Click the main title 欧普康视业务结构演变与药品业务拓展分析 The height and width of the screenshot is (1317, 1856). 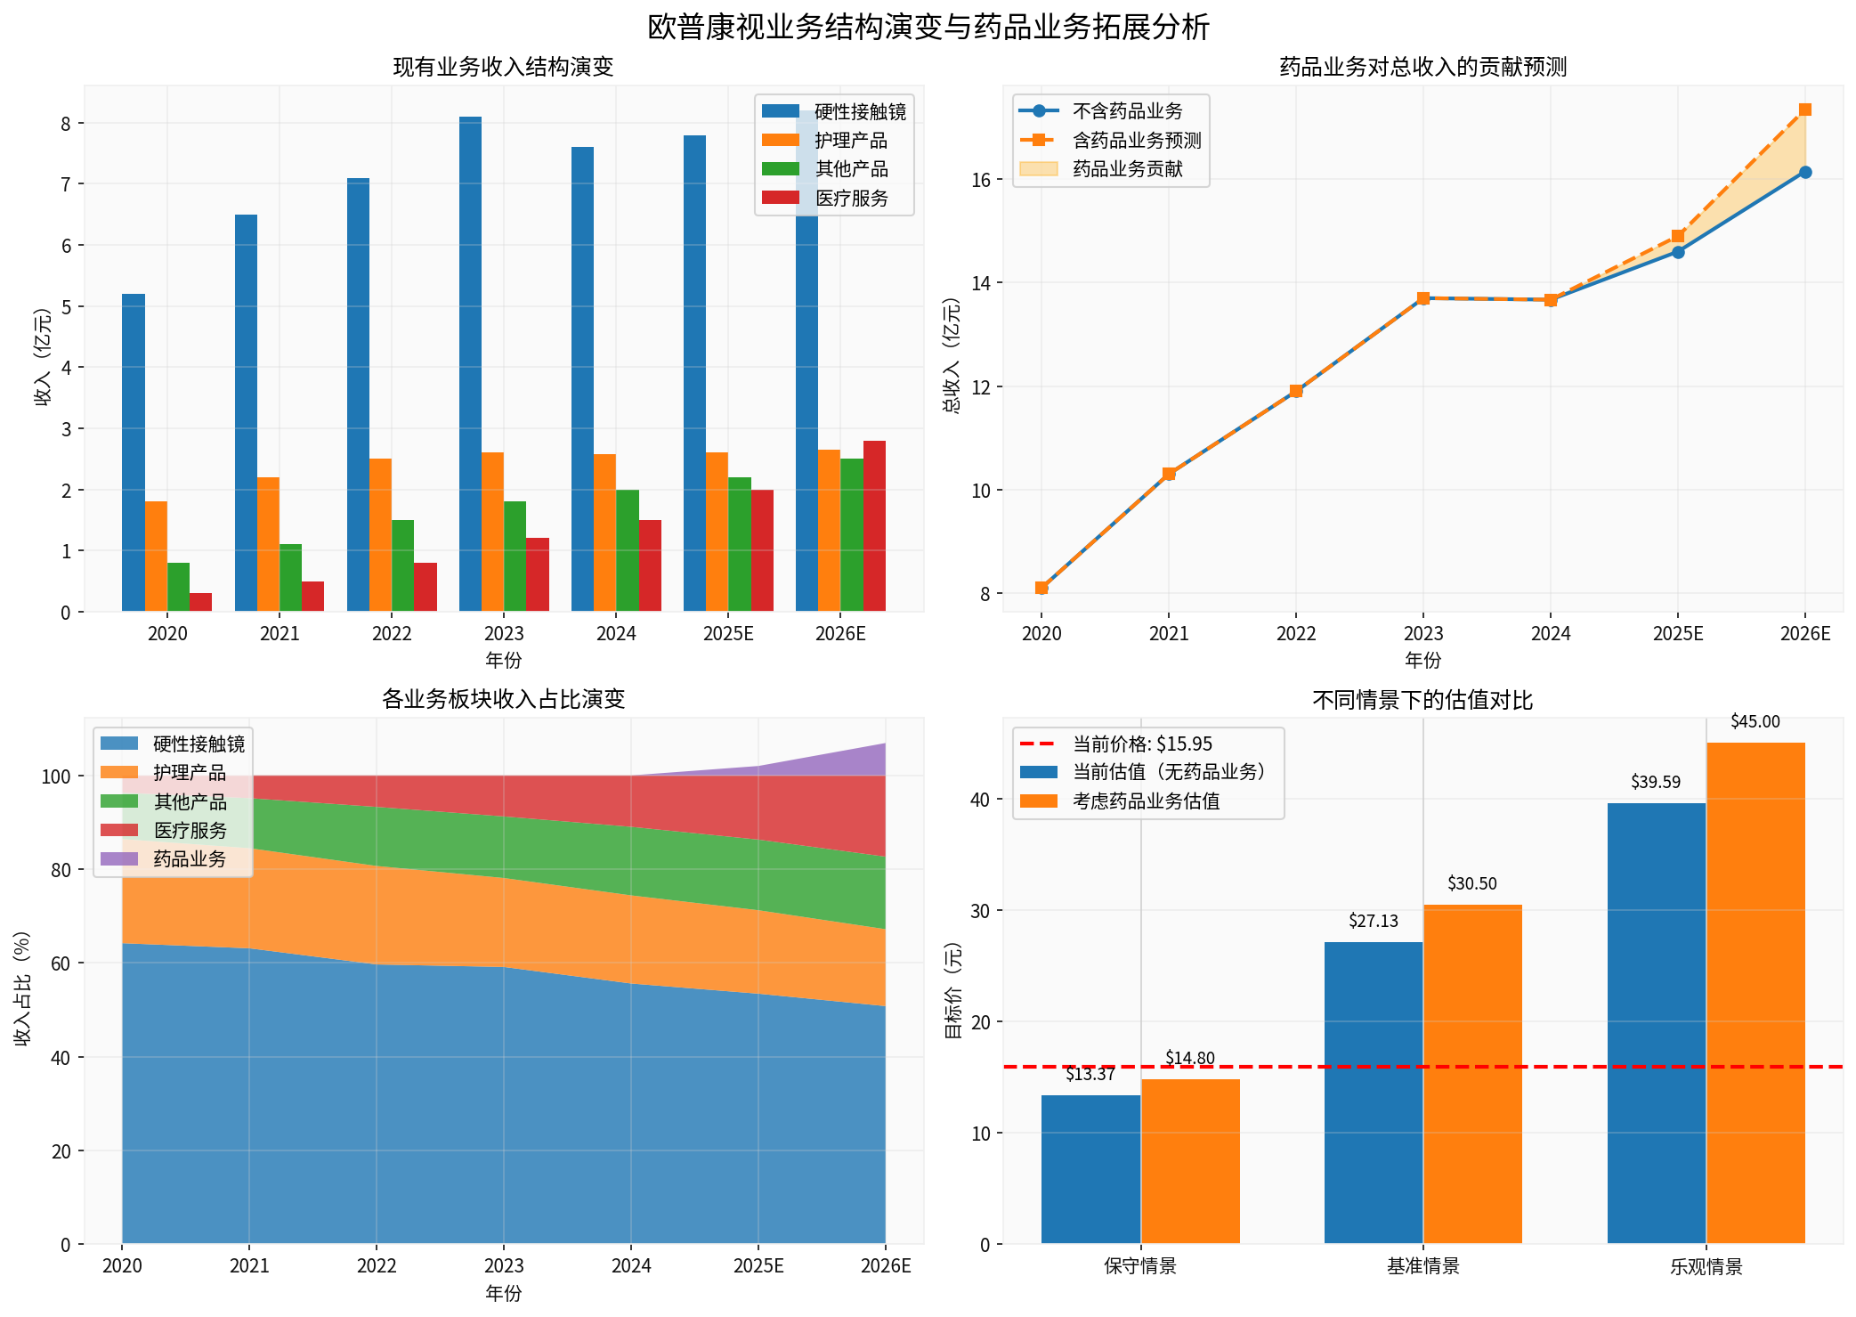click(x=928, y=27)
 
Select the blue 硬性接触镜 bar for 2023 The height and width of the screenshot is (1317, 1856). click(x=470, y=365)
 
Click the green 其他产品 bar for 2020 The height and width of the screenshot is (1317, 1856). click(x=178, y=588)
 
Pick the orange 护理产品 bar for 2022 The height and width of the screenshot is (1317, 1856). click(x=380, y=534)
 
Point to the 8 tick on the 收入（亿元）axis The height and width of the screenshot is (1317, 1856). click(x=66, y=124)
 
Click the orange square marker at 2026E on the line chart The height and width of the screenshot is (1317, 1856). click(x=1804, y=110)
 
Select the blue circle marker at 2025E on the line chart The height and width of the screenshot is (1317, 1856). click(x=1677, y=252)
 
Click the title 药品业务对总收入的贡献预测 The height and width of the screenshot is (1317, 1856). click(x=1422, y=67)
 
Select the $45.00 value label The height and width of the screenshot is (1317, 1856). click(x=1755, y=722)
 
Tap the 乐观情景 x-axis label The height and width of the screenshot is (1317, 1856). click(x=1706, y=1266)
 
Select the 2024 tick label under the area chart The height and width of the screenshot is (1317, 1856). click(x=631, y=1266)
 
